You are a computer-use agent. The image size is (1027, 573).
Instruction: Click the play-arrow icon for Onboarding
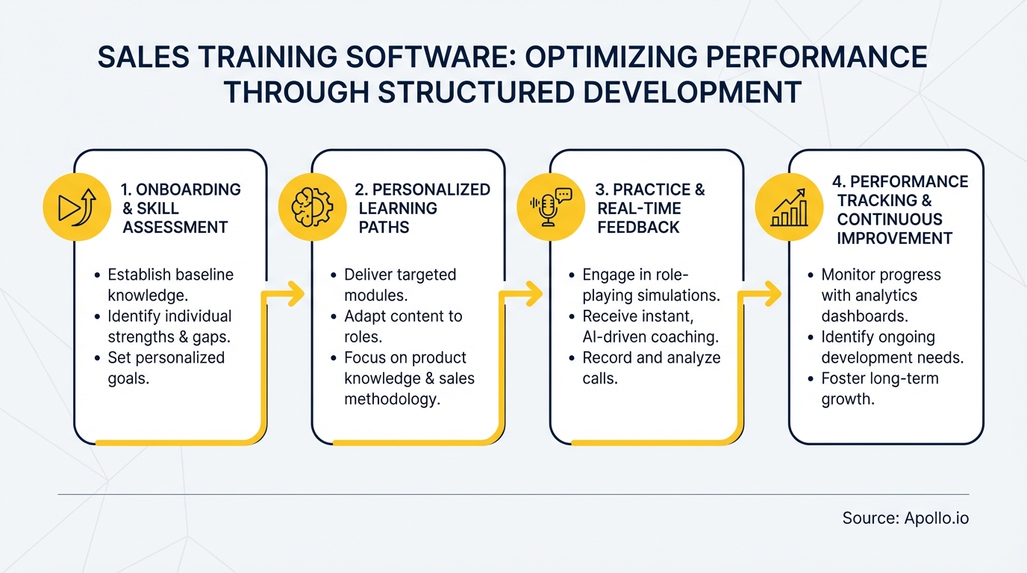77,207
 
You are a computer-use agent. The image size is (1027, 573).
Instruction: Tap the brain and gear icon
312,207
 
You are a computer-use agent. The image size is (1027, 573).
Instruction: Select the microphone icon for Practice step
550,207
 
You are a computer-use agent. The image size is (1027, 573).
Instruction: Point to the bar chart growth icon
789,207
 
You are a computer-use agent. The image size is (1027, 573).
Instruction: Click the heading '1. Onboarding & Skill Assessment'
181,208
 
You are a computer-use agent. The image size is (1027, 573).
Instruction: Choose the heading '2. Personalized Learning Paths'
422,208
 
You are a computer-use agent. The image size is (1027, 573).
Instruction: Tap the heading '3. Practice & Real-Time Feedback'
649,208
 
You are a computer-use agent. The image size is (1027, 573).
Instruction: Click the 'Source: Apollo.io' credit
905,518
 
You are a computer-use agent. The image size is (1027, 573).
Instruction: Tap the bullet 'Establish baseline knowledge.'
170,284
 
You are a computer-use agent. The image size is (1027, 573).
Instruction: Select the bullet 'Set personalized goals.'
166,367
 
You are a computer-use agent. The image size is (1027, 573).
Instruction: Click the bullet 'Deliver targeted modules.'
399,284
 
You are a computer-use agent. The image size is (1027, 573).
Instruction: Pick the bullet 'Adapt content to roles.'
402,326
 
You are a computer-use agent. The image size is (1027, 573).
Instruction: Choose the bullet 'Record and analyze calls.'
651,368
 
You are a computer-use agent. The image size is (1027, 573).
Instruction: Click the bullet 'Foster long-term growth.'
879,388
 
